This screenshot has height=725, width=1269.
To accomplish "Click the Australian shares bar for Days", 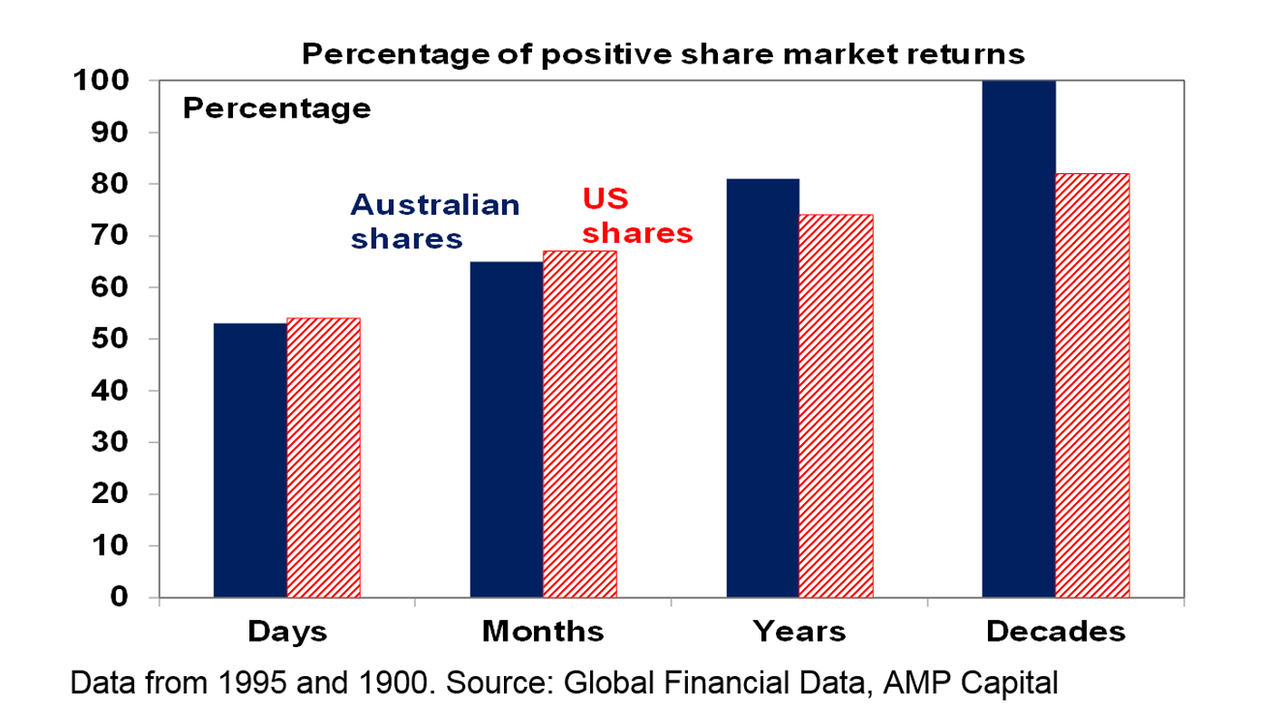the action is (250, 460).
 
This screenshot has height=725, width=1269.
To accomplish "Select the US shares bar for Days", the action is (325, 458).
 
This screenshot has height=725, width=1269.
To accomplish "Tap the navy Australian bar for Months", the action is (507, 430).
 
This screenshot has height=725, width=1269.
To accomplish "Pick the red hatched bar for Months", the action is (580, 424).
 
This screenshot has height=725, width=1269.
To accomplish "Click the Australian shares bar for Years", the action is (763, 388).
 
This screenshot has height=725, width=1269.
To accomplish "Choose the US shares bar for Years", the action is (836, 406).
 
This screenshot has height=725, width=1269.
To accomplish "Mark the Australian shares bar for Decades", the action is (1019, 339).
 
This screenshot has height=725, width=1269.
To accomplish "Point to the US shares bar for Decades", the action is (1093, 385).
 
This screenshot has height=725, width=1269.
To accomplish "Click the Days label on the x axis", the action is (287, 632).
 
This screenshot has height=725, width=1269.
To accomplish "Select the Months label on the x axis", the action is (543, 631).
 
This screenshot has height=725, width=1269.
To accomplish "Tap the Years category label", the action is (799, 631).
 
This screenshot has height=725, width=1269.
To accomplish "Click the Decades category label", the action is (1055, 631).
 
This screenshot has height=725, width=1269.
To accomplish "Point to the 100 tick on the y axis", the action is (102, 81).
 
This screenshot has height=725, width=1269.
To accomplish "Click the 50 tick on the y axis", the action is (110, 339).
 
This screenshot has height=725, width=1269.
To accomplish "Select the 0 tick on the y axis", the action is (120, 597).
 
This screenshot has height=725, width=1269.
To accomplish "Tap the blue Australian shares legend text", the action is (435, 221).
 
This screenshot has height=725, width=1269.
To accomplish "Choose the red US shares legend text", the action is (637, 216).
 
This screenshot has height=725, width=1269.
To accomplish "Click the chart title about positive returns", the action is (664, 54).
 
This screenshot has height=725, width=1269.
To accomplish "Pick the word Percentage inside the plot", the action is (276, 108).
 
